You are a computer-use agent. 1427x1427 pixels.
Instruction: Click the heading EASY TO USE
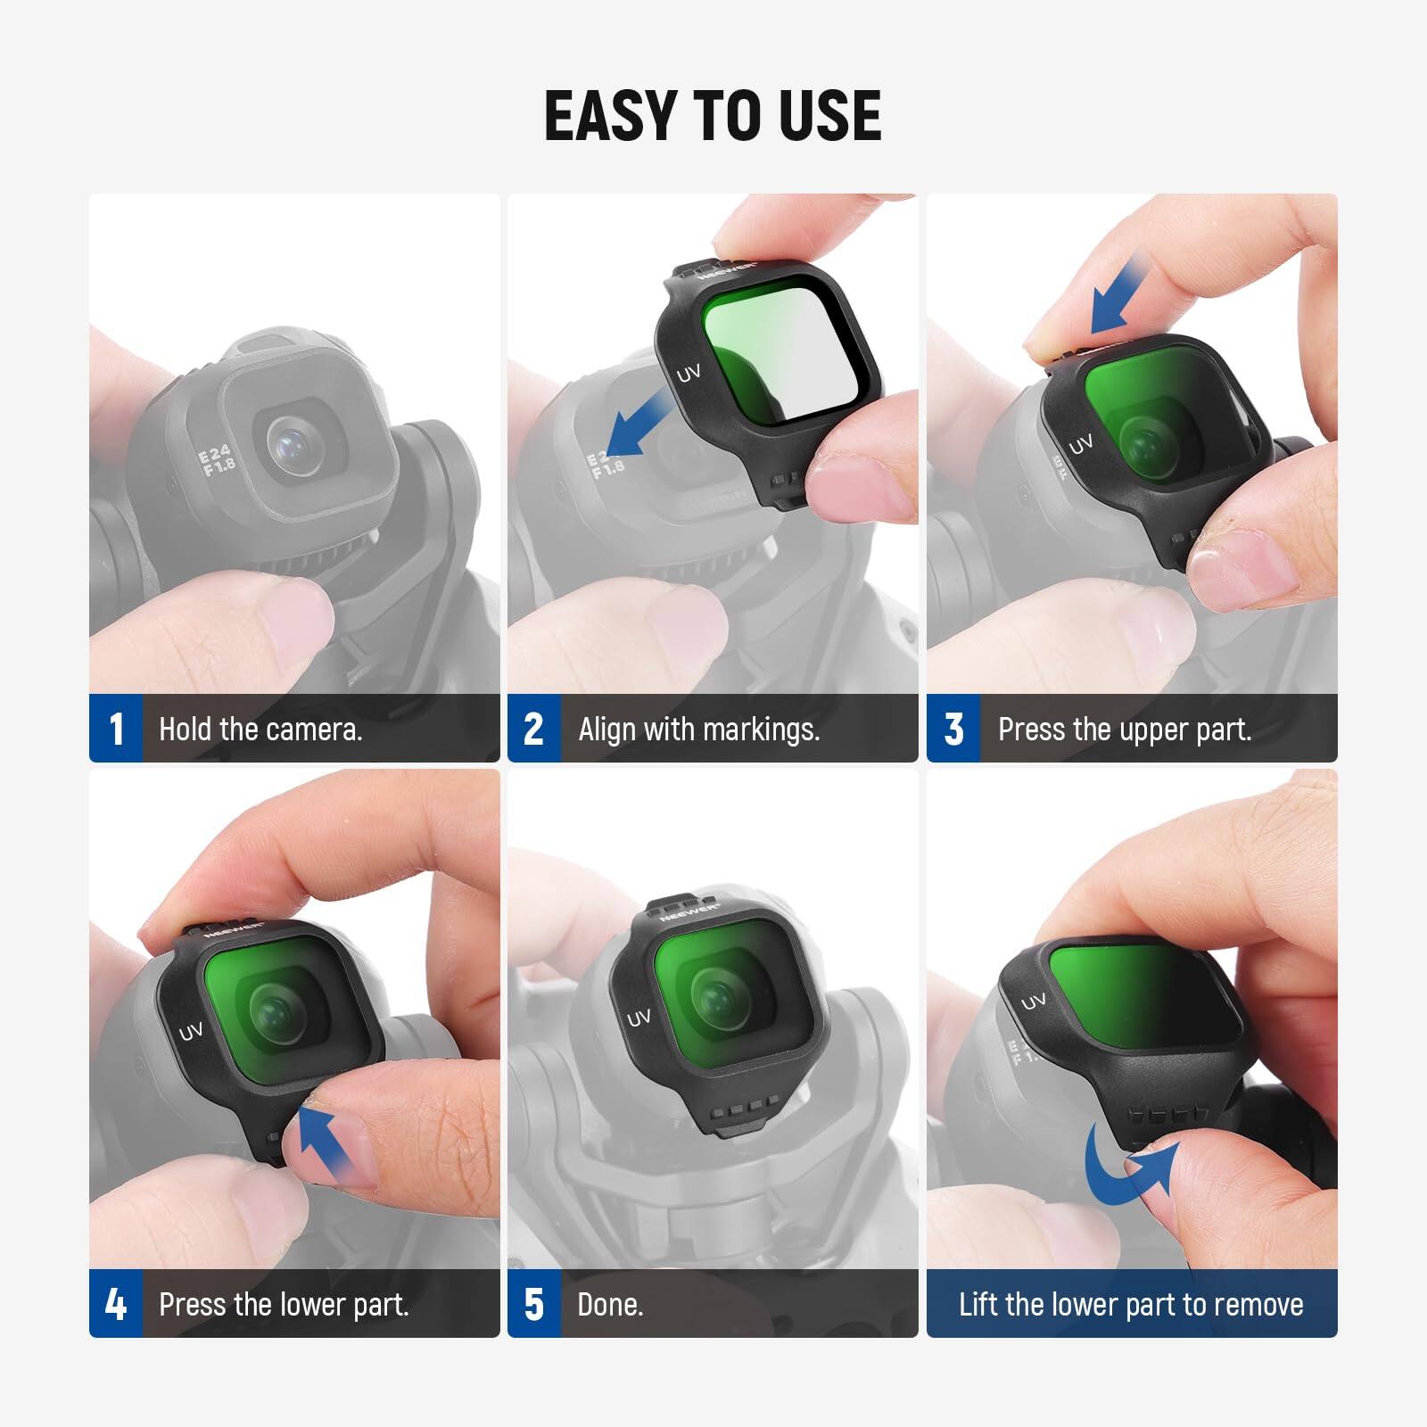[x=713, y=116]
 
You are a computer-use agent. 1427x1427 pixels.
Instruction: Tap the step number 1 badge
[x=116, y=729]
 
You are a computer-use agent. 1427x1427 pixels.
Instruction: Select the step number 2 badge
[x=533, y=729]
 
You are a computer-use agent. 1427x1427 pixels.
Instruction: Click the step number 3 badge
[x=953, y=729]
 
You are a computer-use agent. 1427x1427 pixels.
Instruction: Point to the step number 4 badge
[x=116, y=1304]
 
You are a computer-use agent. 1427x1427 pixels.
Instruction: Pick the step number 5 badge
[x=533, y=1304]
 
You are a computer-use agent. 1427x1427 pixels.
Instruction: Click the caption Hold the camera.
[x=260, y=730]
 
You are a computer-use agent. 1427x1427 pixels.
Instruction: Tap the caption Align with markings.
[x=698, y=730]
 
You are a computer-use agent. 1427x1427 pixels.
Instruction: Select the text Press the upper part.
[x=1125, y=730]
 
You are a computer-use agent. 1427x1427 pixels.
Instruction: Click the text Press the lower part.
[x=284, y=1305]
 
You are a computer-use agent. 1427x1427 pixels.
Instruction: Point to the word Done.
[x=610, y=1305]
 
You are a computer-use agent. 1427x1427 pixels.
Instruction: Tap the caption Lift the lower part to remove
[x=1131, y=1305]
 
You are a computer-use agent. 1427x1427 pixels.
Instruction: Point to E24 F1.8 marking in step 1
[x=217, y=461]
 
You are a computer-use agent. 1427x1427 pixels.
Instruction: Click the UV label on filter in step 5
[x=639, y=1018]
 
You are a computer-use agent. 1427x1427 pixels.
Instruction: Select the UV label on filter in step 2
[x=688, y=374]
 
